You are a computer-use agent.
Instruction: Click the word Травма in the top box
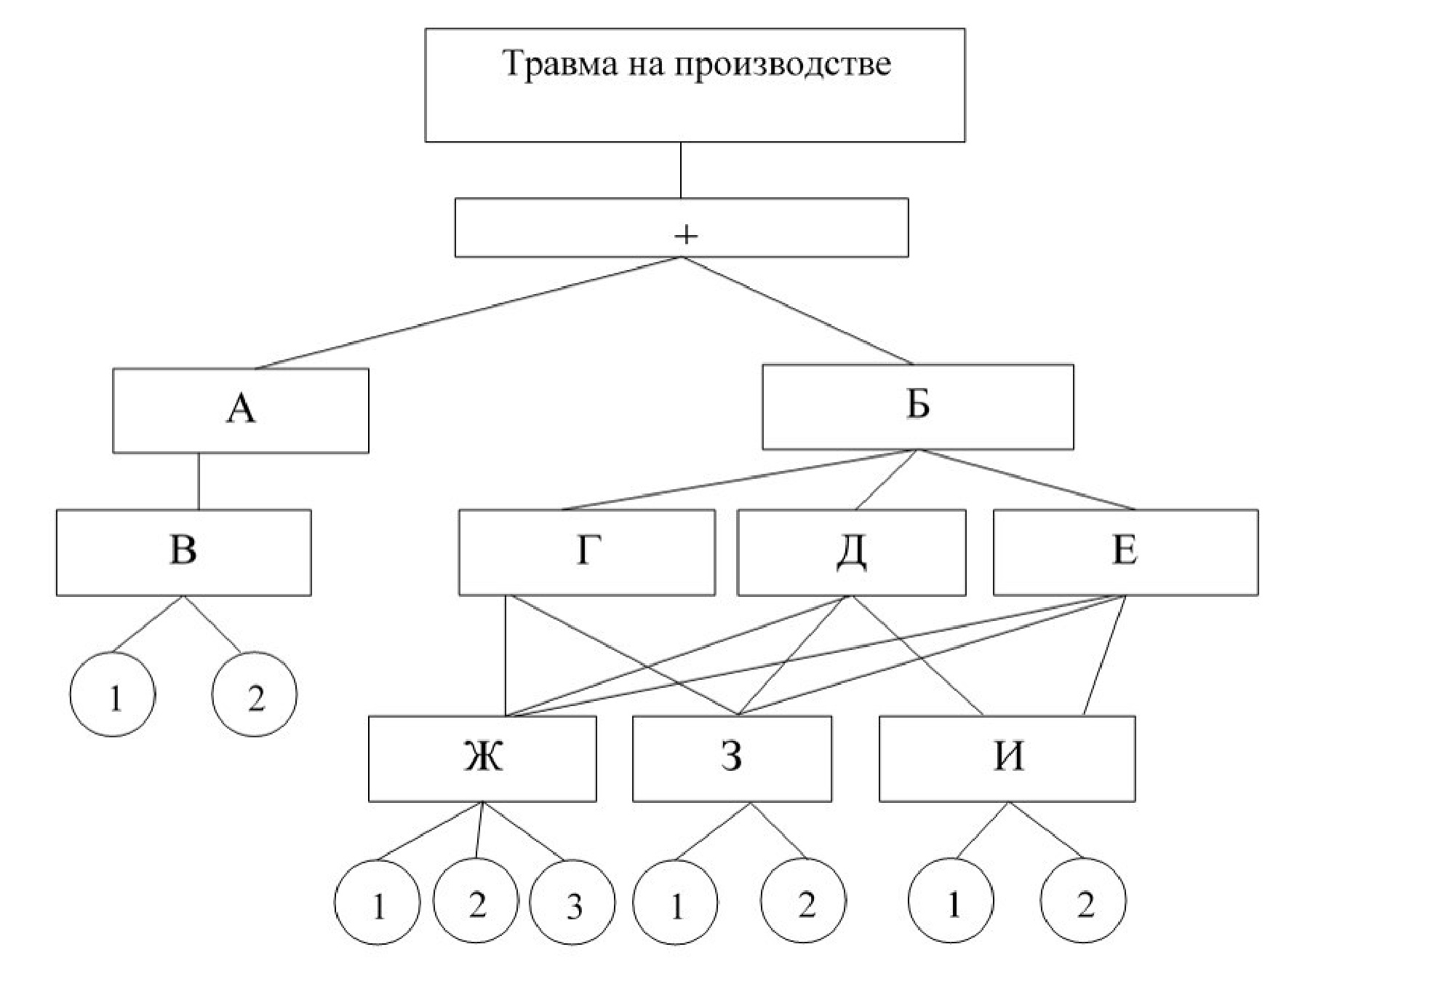[x=554, y=64]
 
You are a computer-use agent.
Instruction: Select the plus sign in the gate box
[x=685, y=234]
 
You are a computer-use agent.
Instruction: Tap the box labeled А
[x=241, y=411]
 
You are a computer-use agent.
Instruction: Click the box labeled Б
[x=917, y=407]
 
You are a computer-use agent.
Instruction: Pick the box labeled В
[x=183, y=552]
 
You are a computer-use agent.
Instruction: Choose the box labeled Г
[x=586, y=552]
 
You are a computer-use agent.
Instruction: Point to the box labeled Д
[x=851, y=552]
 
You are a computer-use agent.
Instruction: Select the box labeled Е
[x=1125, y=552]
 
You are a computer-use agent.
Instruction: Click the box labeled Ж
[x=482, y=758]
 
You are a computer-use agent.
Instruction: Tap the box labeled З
[x=732, y=758]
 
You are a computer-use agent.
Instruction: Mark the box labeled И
[x=1007, y=758]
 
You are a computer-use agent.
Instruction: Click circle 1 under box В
[x=113, y=694]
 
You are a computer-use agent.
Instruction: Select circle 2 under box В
[x=255, y=694]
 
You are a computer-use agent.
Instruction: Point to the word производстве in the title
[x=783, y=64]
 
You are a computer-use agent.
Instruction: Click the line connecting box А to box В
[x=199, y=481]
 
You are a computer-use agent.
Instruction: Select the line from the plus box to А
[x=466, y=314]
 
